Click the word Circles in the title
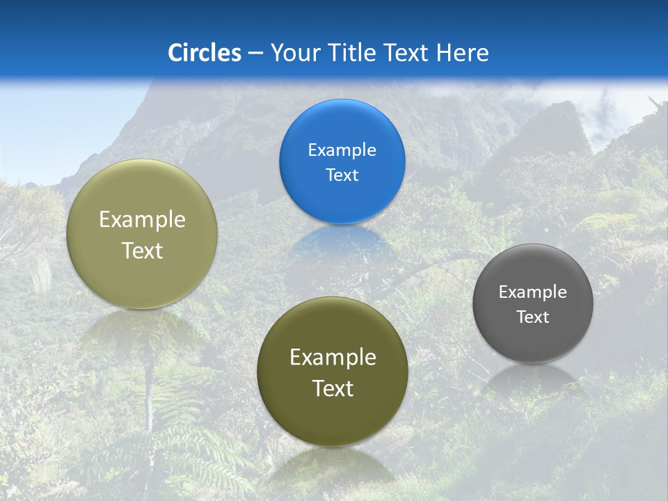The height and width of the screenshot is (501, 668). click(205, 52)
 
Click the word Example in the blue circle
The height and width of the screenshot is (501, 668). click(342, 150)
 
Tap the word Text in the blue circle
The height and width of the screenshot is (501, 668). click(342, 175)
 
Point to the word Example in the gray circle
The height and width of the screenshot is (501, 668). click(533, 292)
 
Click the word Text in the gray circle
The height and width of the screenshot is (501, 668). click(533, 317)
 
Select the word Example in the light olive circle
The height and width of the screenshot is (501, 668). click(142, 219)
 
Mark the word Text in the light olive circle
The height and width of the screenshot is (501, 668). click(142, 250)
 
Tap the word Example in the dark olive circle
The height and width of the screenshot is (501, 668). click(333, 357)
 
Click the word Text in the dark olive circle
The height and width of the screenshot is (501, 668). click(333, 388)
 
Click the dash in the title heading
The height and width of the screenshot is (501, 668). click(255, 53)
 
